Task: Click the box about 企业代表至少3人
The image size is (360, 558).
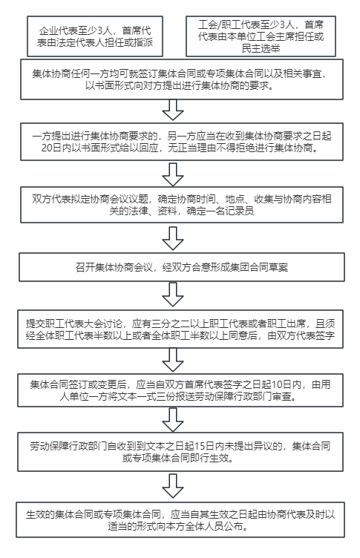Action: (95, 36)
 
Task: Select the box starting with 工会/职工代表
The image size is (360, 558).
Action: (261, 36)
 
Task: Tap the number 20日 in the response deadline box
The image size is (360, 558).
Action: (49, 148)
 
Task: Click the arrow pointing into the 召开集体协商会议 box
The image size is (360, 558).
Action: (173, 238)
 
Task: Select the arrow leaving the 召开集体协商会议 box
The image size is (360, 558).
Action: (173, 295)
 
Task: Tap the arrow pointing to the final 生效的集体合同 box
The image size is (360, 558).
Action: (173, 486)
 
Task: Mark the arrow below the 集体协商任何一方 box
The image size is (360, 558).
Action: (173, 110)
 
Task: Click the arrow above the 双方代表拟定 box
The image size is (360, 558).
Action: (173, 174)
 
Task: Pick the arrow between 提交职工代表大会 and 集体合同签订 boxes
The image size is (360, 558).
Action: (173, 360)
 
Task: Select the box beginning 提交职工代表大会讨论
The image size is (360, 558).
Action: (180, 329)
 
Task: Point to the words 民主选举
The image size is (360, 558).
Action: (261, 48)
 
